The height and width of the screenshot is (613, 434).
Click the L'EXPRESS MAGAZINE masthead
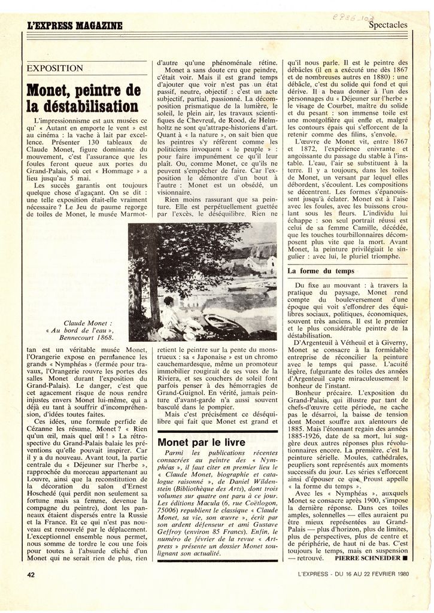click(x=75, y=26)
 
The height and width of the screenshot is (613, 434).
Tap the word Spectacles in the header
click(x=387, y=25)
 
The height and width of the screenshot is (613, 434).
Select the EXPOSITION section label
click(x=54, y=68)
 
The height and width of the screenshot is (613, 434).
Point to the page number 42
click(x=31, y=574)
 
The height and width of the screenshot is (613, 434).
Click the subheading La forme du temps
click(x=321, y=271)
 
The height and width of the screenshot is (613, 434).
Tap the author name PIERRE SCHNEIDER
click(x=367, y=557)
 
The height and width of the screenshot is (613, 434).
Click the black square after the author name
click(x=405, y=557)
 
